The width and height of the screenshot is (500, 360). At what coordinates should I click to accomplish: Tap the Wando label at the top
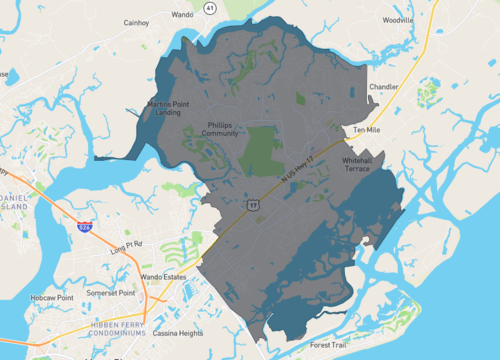(182, 15)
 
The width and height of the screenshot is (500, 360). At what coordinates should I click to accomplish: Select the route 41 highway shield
(209, 7)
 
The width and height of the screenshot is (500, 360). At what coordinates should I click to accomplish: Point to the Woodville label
(397, 20)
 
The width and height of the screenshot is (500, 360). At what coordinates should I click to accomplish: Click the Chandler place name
(384, 87)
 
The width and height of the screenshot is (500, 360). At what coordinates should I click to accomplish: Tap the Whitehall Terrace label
(357, 165)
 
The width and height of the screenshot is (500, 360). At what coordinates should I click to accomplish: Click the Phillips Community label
(220, 129)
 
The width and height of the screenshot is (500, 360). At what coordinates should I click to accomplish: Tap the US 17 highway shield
(254, 204)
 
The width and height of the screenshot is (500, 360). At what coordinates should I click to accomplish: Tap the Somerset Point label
(113, 293)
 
